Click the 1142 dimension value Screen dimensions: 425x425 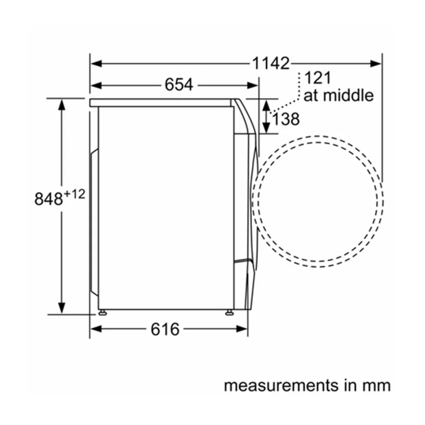(x=271, y=64)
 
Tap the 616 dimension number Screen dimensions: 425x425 (x=165, y=329)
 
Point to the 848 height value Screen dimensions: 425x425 (x=48, y=199)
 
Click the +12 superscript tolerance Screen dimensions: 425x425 (x=74, y=194)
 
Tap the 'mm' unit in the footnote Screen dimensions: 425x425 (x=378, y=385)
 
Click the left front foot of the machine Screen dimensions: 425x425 (x=101, y=313)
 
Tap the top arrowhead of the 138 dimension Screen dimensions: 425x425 (x=266, y=104)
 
